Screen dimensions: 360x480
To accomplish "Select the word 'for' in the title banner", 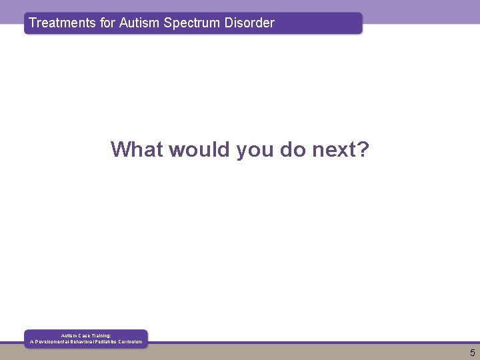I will tap(107, 23).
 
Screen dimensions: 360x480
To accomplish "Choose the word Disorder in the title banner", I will tap(249, 23).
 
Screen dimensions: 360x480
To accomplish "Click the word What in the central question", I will tap(137, 149).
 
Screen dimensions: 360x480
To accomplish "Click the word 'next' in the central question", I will tap(335, 149).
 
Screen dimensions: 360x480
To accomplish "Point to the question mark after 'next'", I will tap(363, 149).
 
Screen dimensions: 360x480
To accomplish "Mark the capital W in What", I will tap(122, 149).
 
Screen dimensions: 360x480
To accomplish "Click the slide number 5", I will tap(472, 353).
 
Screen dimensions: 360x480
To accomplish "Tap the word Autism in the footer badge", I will tap(70, 335).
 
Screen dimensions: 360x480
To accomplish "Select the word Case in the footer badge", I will tap(87, 335).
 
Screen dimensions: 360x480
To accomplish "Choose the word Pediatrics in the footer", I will tap(103, 342).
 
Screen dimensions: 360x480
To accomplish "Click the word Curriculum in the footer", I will tap(130, 342).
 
